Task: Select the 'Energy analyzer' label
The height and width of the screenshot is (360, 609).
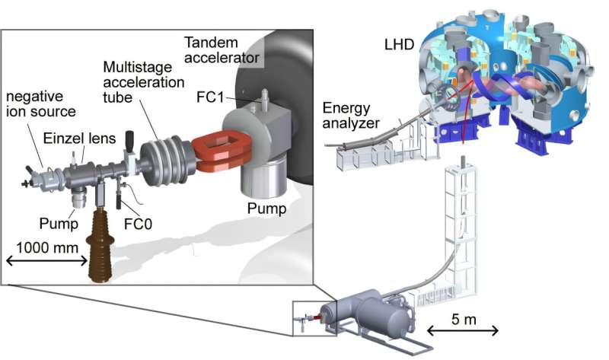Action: click(x=352, y=116)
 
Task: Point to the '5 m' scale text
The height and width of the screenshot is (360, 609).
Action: click(x=462, y=319)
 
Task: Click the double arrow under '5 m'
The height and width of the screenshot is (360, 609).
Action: click(x=462, y=331)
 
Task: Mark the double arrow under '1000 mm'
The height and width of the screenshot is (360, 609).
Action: click(x=45, y=261)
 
